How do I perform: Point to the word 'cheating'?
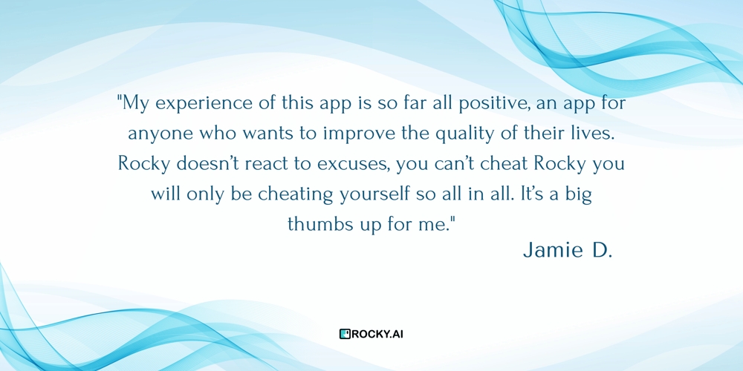pos(296,194)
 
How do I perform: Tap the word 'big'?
pos(577,195)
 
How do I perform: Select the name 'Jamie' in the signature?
pos(554,251)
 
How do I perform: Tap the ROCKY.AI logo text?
pos(377,334)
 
